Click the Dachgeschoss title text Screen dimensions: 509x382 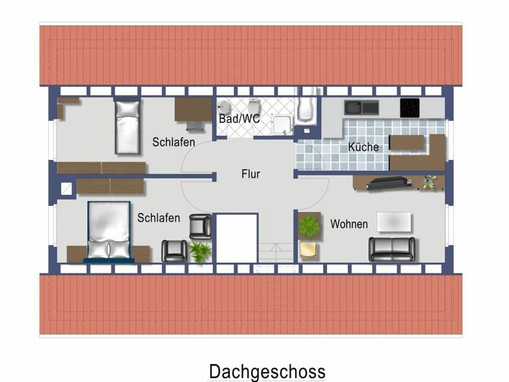(267, 372)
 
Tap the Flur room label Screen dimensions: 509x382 (250, 174)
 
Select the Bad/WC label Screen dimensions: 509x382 (239, 119)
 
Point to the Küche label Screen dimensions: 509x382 (363, 147)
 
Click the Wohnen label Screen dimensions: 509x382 (349, 224)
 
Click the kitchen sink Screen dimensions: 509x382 (361, 107)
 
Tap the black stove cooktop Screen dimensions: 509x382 (410, 108)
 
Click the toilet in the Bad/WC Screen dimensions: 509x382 (253, 106)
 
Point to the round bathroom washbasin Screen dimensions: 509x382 (223, 106)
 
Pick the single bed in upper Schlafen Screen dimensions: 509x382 (127, 127)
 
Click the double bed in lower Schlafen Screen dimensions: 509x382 (109, 232)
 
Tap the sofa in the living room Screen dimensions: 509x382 (392, 250)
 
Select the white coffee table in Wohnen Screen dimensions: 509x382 (394, 222)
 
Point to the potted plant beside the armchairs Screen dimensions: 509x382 (200, 251)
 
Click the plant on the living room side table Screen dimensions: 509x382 (309, 226)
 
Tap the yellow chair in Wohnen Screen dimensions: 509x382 (308, 251)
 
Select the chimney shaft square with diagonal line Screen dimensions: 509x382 (67, 189)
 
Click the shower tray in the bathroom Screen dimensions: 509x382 (282, 125)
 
